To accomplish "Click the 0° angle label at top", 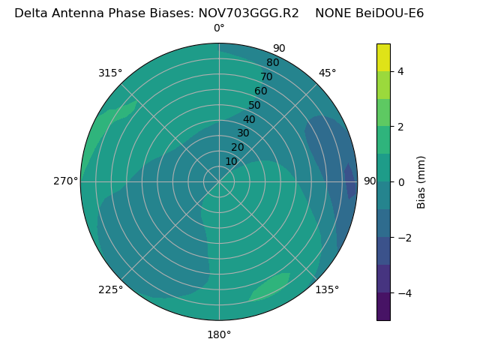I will (219, 28).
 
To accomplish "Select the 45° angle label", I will (327, 73).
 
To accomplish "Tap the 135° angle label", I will (327, 289).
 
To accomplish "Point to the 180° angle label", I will (219, 334).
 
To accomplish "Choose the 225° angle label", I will (110, 289).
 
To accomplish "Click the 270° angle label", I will (66, 181).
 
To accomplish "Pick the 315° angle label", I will (110, 73).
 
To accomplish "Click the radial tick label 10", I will (231, 161).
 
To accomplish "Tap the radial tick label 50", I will (254, 105).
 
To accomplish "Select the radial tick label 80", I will (272, 63).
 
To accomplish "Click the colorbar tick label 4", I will (400, 71).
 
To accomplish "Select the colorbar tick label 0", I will (400, 182).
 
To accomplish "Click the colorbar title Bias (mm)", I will (421, 182).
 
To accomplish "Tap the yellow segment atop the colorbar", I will (383, 58).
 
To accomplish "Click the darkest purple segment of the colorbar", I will (383, 307).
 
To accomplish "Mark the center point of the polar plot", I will (219, 181).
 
